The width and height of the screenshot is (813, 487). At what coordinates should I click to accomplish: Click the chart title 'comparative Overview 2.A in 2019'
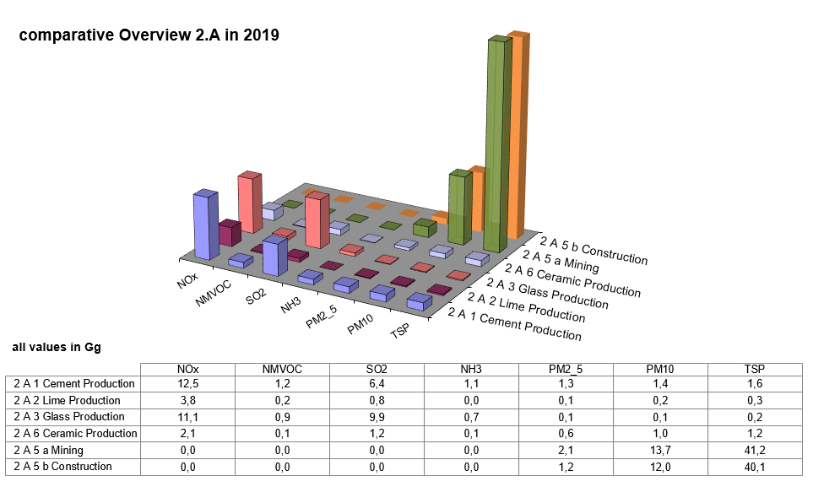pos(149,35)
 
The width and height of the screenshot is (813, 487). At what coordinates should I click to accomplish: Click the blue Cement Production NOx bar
pos(205,225)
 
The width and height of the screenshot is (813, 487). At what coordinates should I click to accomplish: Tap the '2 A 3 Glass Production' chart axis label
pos(554,290)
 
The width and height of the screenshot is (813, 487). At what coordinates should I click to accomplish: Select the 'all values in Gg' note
pos(57,347)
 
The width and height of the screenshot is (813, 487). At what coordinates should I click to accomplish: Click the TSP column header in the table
pos(756,369)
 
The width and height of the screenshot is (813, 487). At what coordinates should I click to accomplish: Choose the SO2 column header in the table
pos(377,369)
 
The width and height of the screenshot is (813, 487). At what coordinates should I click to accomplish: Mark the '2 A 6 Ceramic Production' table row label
pos(75,433)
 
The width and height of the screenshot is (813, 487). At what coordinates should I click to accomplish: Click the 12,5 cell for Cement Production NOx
pos(188,384)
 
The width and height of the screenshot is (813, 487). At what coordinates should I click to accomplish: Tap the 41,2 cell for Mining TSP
pos(756,450)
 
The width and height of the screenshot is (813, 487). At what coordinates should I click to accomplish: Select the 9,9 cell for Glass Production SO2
pos(377,417)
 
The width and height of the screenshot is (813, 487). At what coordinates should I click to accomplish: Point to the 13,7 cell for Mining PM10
pos(661,450)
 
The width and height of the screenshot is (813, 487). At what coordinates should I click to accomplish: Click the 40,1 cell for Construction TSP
pos(756,466)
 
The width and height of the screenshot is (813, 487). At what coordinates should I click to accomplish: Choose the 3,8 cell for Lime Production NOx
pos(188,401)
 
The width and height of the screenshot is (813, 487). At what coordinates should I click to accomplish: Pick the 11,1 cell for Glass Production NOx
pos(188,417)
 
